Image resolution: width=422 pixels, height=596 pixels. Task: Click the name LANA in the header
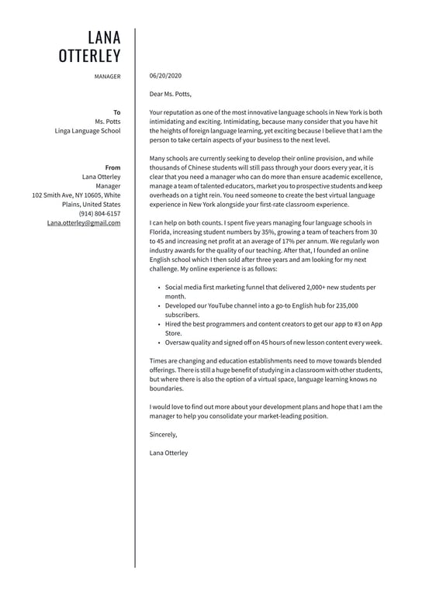[x=104, y=37]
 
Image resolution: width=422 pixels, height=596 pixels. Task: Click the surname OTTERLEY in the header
[x=90, y=56]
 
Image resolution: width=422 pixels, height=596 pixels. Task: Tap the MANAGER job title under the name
[x=107, y=77]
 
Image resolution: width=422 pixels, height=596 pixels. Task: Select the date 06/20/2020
[x=165, y=76]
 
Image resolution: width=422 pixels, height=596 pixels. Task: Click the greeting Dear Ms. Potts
[x=170, y=94]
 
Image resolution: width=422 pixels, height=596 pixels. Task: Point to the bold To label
[x=116, y=112]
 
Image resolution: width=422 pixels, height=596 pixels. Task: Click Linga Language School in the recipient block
[x=88, y=131]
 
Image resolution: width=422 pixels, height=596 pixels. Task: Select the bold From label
[x=112, y=167]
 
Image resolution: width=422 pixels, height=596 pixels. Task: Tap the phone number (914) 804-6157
[x=99, y=213]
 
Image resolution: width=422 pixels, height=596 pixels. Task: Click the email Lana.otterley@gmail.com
[x=83, y=222]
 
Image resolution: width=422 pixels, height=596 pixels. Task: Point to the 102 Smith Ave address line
[x=76, y=195]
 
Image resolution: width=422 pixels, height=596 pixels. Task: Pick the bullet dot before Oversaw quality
[x=158, y=343]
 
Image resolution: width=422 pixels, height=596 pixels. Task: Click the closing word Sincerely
[x=164, y=434]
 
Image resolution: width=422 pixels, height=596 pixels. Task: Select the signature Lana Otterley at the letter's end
[x=168, y=453]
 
